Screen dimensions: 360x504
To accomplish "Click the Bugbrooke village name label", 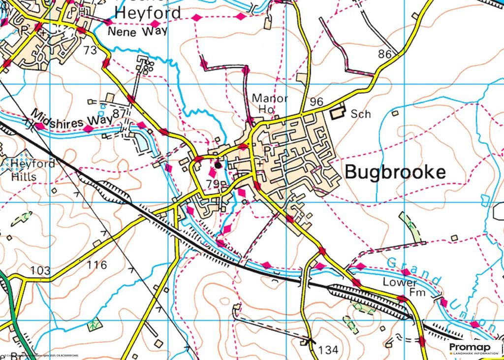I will (x=395, y=172).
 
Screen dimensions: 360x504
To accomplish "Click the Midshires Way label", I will (x=73, y=119).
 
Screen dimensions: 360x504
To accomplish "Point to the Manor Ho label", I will (x=269, y=103).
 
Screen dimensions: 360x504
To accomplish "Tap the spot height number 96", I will (x=316, y=102).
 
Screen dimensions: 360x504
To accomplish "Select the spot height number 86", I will (x=385, y=54).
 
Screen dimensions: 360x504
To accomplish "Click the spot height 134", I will (x=329, y=350).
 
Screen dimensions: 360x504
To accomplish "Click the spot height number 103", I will (x=40, y=270).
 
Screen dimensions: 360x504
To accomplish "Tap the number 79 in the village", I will (x=213, y=184).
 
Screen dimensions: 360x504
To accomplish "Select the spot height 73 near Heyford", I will (x=90, y=50).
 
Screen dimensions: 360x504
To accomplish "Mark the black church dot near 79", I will (x=218, y=165).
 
